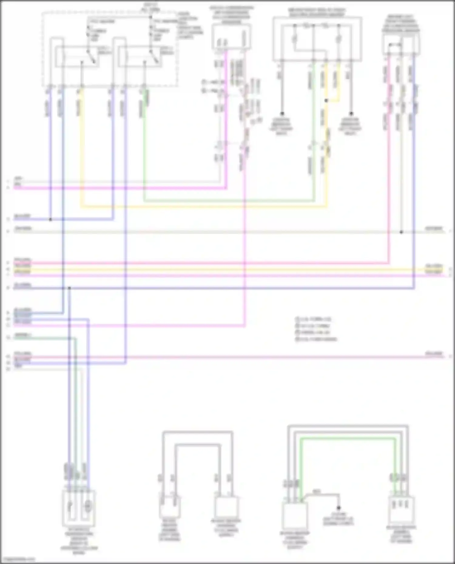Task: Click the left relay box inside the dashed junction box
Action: [78, 57]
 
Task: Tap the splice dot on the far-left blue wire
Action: [50, 219]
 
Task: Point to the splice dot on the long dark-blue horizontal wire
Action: [69, 288]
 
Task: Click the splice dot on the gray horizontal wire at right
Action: [401, 232]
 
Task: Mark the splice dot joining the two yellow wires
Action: [326, 100]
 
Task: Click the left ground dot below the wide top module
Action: [282, 114]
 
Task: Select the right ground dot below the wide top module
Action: [351, 114]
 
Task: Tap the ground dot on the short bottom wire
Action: [339, 508]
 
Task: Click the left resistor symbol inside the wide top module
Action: [295, 39]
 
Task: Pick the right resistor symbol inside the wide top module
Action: [339, 39]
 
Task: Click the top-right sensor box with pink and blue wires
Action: [401, 45]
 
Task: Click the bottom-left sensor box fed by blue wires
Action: [79, 508]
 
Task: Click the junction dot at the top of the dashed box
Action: [150, 17]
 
